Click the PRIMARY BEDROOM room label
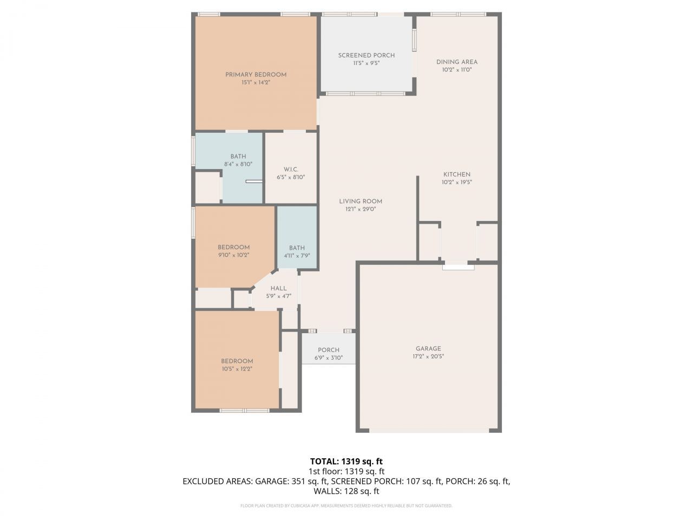point(256,75)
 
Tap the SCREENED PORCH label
point(366,55)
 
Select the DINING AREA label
point(457,62)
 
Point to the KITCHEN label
point(456,174)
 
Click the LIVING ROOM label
point(361,201)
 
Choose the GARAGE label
point(428,349)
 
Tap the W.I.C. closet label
point(291,170)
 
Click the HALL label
point(278,289)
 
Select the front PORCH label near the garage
point(329,350)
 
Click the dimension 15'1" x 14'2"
point(256,83)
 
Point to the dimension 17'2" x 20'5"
point(428,356)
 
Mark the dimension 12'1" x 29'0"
point(361,209)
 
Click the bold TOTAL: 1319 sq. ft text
point(346,461)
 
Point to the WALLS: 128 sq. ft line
point(346,491)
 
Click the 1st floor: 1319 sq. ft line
point(346,471)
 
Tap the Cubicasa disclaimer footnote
point(346,506)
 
